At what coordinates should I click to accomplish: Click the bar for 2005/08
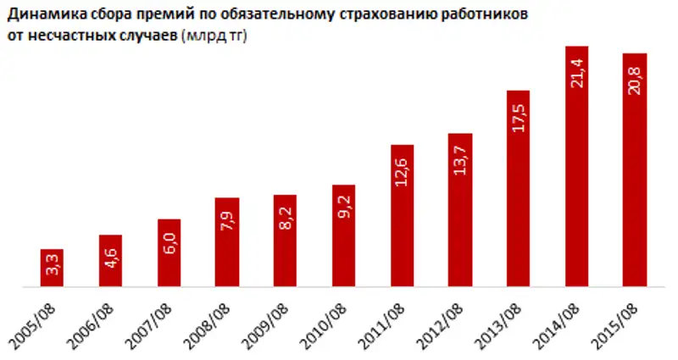52,269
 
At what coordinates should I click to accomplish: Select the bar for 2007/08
169,253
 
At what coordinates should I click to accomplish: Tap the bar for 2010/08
343,236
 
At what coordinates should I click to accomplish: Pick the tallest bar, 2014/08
576,167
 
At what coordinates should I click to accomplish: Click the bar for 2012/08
460,210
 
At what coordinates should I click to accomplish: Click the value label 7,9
227,229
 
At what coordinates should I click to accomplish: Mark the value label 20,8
635,81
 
